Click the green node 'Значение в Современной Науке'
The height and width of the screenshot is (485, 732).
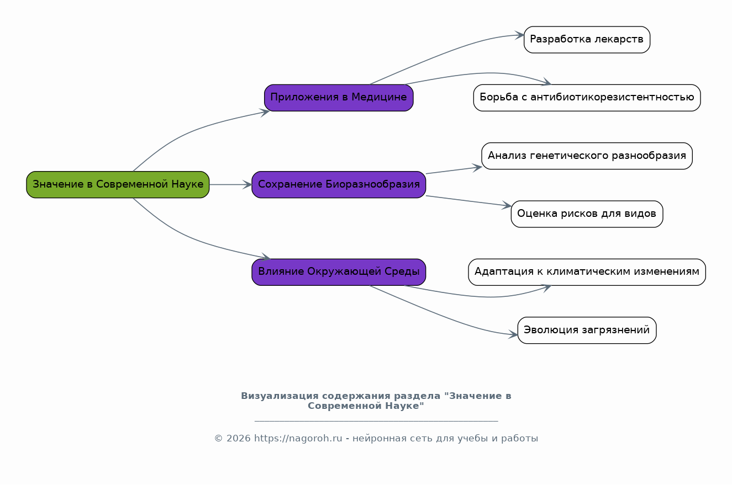pyautogui.click(x=118, y=184)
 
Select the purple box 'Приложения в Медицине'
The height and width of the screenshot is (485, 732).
pyautogui.click(x=339, y=98)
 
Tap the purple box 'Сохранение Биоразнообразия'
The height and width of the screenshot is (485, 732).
pyautogui.click(x=339, y=184)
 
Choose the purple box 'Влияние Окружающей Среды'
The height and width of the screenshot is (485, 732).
pyautogui.click(x=339, y=272)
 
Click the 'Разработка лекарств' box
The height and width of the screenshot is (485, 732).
pyautogui.click(x=587, y=40)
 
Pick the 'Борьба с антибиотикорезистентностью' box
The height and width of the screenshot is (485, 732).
pyautogui.click(x=587, y=98)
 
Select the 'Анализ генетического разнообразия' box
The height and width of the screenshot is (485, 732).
pyautogui.click(x=587, y=156)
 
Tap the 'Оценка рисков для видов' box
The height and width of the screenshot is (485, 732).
pyautogui.click(x=587, y=214)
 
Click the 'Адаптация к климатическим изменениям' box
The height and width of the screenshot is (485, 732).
pyautogui.click(x=587, y=272)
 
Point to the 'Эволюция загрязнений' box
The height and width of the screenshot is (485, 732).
pyautogui.click(x=587, y=330)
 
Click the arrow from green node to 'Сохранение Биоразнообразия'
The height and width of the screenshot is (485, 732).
pyautogui.click(x=231, y=184)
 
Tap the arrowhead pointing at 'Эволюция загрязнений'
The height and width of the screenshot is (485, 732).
pyautogui.click(x=513, y=334)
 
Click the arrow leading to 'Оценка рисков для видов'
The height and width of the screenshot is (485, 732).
pyautogui.click(x=468, y=201)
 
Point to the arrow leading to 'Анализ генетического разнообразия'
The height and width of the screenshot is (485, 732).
pyautogui.click(x=454, y=170)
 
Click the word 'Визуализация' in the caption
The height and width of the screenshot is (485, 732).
pyautogui.click(x=280, y=396)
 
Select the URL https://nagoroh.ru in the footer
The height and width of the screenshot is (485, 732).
pyautogui.click(x=298, y=438)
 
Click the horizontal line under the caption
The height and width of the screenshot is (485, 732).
pyautogui.click(x=376, y=421)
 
